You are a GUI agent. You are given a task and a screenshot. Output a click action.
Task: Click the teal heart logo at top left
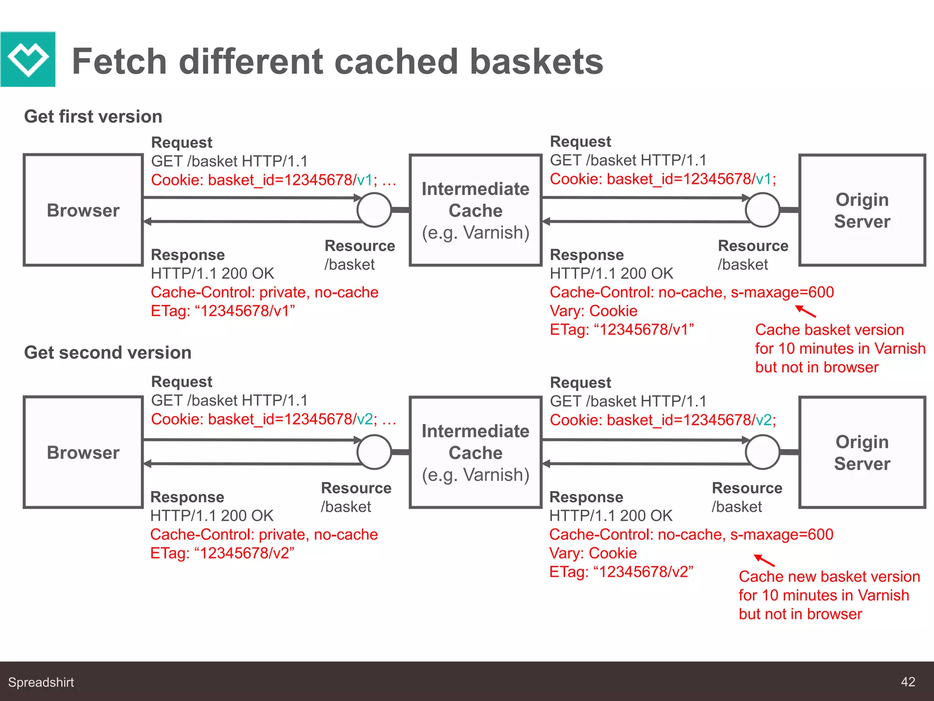point(28,59)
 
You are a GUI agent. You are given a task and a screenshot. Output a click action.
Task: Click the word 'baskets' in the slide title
point(536,62)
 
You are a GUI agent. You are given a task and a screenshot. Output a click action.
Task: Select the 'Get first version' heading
point(93,117)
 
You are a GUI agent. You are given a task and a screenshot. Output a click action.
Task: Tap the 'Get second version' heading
point(108,353)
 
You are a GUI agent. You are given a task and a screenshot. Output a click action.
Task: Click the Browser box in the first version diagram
point(83,210)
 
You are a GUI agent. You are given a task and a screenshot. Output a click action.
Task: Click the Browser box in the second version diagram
point(83,452)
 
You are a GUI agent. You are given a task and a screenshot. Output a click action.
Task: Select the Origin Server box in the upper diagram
point(861,210)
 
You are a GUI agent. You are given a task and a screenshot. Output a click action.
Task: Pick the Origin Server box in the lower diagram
point(861,452)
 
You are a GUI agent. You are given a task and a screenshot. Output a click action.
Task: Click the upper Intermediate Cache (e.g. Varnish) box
point(475,210)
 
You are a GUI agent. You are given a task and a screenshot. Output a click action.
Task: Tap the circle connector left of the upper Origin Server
point(762,210)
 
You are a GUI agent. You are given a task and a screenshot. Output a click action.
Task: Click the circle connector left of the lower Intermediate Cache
point(374,452)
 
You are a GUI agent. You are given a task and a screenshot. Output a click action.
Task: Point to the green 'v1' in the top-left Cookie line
point(364,180)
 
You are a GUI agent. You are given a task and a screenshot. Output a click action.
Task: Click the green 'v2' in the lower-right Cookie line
point(763,420)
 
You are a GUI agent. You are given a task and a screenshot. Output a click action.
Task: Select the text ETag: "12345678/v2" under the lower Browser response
point(222,553)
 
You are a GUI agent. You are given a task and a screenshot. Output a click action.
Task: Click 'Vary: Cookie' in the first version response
point(593,311)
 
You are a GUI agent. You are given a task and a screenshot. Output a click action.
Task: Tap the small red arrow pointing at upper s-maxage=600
point(805,311)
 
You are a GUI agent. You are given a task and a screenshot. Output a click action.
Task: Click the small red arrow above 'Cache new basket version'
point(764,560)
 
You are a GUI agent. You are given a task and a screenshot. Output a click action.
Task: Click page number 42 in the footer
point(908,682)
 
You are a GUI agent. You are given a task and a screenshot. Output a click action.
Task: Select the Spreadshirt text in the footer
point(41,682)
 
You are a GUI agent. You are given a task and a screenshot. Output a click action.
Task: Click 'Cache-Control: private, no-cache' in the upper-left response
point(265,293)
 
